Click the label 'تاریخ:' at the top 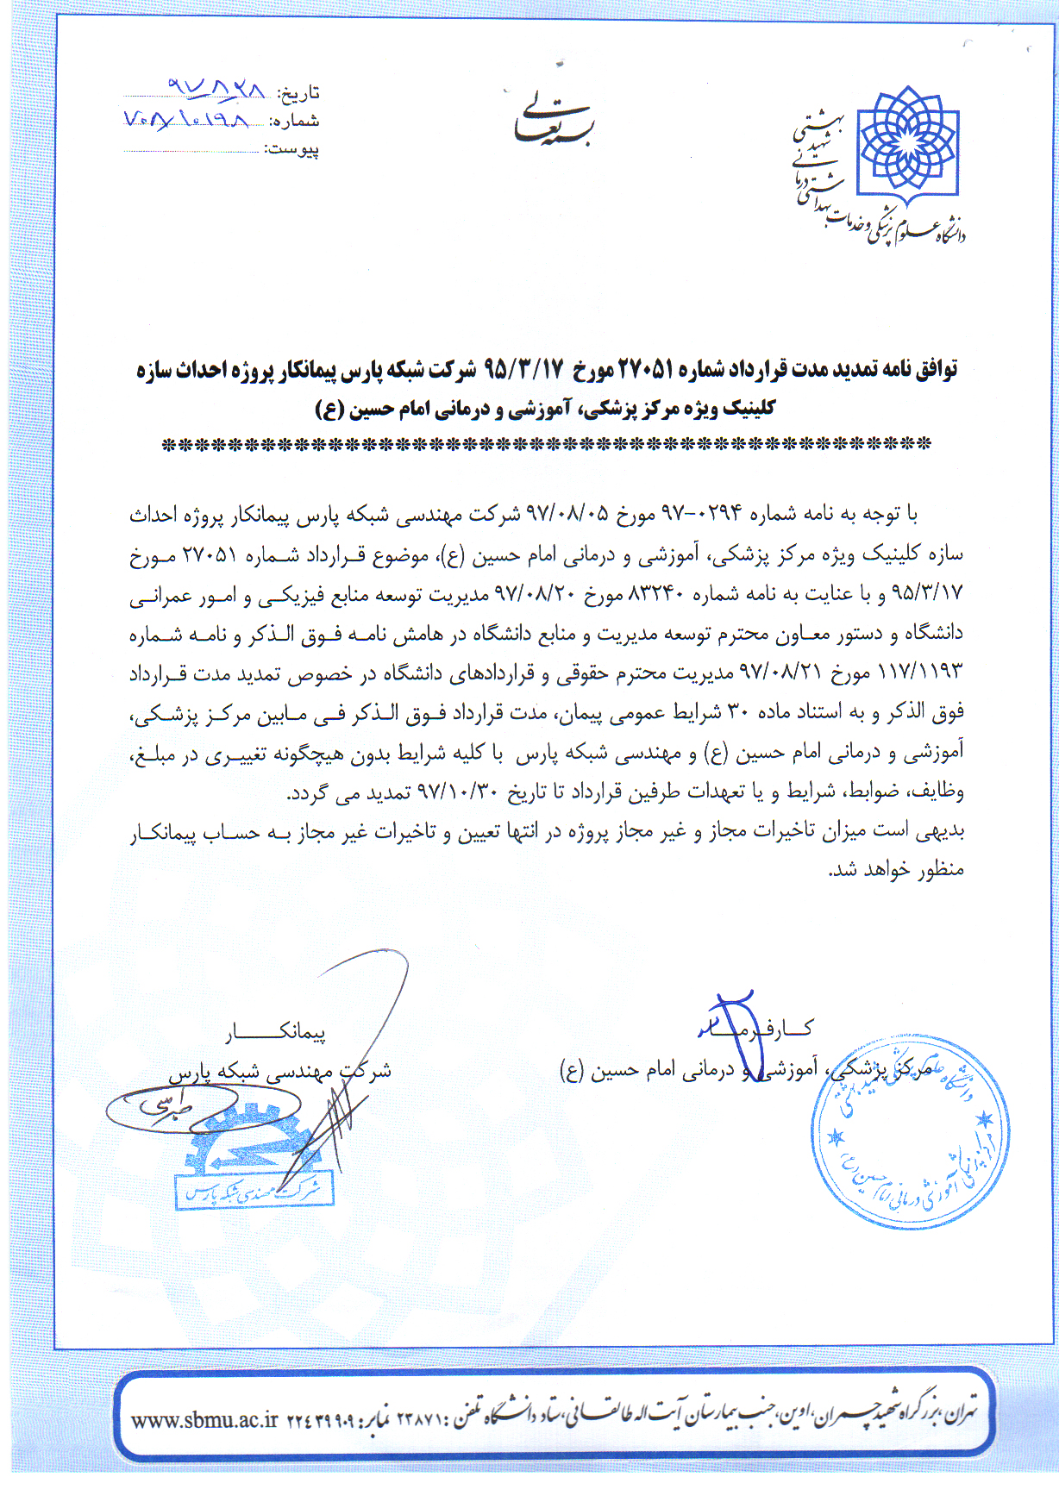pos(298,93)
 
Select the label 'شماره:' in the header pos(294,121)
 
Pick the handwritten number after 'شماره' pos(186,118)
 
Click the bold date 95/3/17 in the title pos(523,370)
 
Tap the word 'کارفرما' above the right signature pos(756,1028)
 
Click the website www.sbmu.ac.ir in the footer pos(204,1420)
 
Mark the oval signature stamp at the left pos(172,1108)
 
